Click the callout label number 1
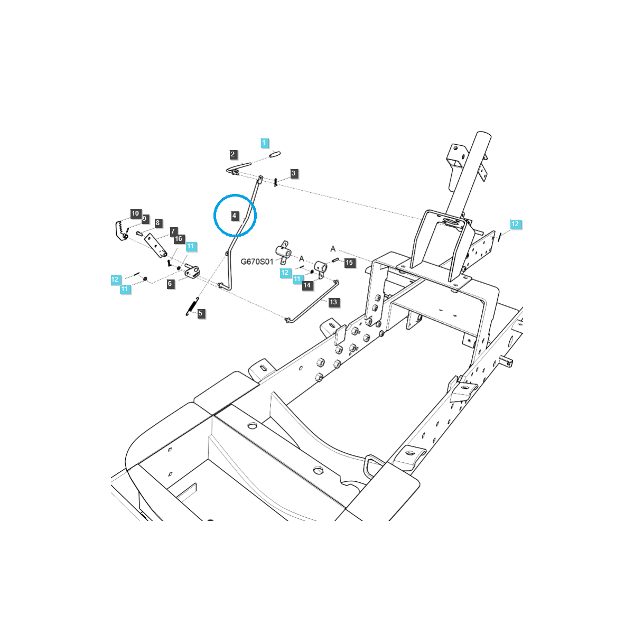click(265, 143)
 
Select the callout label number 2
click(233, 154)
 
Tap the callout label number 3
click(294, 173)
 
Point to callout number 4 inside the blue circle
click(234, 216)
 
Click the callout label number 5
click(200, 313)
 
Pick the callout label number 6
click(170, 284)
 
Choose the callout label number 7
click(173, 231)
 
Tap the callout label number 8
click(157, 223)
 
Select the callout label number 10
click(135, 213)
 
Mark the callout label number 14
click(307, 285)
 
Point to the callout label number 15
click(349, 262)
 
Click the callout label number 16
click(179, 239)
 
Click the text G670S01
click(257, 262)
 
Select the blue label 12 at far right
click(515, 224)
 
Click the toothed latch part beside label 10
click(120, 230)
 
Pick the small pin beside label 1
click(275, 155)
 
